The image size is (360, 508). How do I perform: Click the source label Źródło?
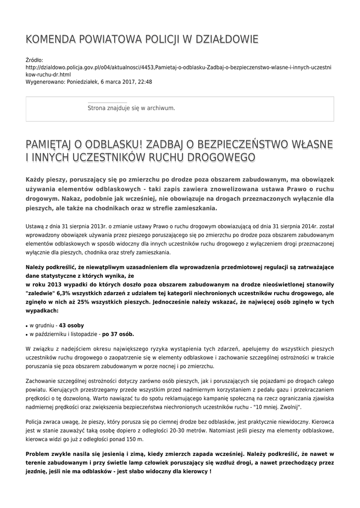tap(34, 60)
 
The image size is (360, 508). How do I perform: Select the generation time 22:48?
tap(144, 82)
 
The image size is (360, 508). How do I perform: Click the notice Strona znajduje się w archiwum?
tap(131, 108)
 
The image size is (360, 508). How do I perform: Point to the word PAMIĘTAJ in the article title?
tap(48, 144)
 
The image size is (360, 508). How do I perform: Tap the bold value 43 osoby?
tap(72, 325)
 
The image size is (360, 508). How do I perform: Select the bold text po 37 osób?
tap(118, 334)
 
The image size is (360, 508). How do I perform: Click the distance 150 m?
tap(135, 439)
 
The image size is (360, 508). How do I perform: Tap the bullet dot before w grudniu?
tap(26, 326)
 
